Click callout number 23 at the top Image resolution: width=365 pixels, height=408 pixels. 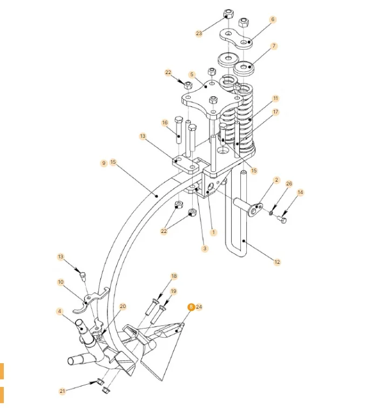pyautogui.click(x=199, y=34)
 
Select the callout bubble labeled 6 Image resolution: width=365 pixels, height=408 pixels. pyautogui.click(x=273, y=19)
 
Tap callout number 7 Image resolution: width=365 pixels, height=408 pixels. pyautogui.click(x=274, y=46)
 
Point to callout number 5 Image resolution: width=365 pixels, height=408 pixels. pyautogui.click(x=191, y=74)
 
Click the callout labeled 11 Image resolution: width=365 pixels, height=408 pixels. pyautogui.click(x=275, y=98)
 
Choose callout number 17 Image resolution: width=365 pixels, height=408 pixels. pyautogui.click(x=275, y=112)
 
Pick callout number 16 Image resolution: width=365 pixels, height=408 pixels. pyautogui.click(x=165, y=123)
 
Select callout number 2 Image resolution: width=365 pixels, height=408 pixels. pyautogui.click(x=276, y=180)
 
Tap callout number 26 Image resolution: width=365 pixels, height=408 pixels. pyautogui.click(x=289, y=184)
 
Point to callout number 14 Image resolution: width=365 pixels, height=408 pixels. pyautogui.click(x=300, y=192)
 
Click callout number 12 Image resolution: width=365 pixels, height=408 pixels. pyautogui.click(x=277, y=262)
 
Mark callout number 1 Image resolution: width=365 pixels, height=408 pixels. pyautogui.click(x=213, y=232)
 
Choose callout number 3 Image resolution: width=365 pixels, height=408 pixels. pyautogui.click(x=205, y=249)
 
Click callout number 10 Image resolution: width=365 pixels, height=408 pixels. pyautogui.click(x=60, y=282)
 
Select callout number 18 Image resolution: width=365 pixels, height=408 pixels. pyautogui.click(x=174, y=276)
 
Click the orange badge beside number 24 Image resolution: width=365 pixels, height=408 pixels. pyautogui.click(x=191, y=306)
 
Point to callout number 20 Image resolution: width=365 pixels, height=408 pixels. pyautogui.click(x=123, y=306)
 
